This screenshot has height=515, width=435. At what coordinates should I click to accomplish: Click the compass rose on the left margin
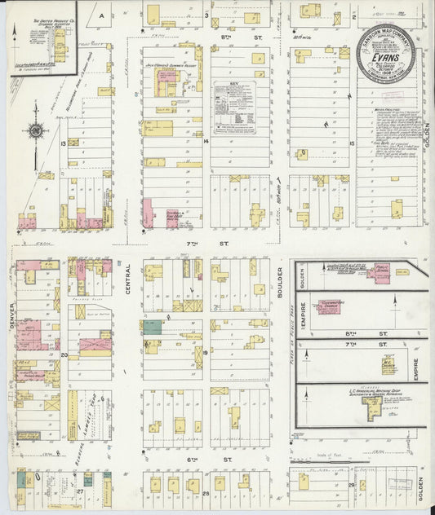(x=36, y=130)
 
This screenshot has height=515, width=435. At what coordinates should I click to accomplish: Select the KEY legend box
(x=235, y=107)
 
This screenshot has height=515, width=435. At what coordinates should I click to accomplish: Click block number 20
(x=64, y=355)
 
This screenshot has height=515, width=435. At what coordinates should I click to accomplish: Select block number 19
(x=206, y=353)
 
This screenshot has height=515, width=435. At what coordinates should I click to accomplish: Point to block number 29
(x=350, y=485)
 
